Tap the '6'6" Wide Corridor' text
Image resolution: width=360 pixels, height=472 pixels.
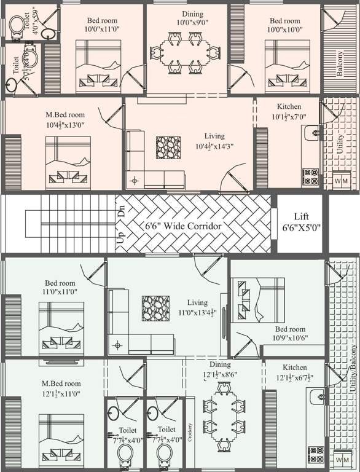point(182,226)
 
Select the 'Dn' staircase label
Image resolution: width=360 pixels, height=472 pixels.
point(122,213)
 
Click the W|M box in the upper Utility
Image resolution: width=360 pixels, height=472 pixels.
point(341,181)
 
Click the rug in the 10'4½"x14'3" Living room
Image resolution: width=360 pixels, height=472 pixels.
point(168,147)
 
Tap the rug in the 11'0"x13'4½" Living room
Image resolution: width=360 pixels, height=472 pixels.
point(155,307)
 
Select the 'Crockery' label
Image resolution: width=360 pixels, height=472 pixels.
point(190,433)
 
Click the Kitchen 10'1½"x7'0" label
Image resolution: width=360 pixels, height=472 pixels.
point(289,111)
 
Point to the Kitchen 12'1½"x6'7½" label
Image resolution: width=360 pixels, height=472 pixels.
point(295,372)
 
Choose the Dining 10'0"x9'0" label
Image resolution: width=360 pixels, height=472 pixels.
point(188,18)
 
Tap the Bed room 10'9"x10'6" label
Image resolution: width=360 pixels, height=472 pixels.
point(290,334)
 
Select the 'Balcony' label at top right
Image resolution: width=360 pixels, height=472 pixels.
point(340,62)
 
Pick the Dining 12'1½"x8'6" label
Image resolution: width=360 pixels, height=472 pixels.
point(220,369)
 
